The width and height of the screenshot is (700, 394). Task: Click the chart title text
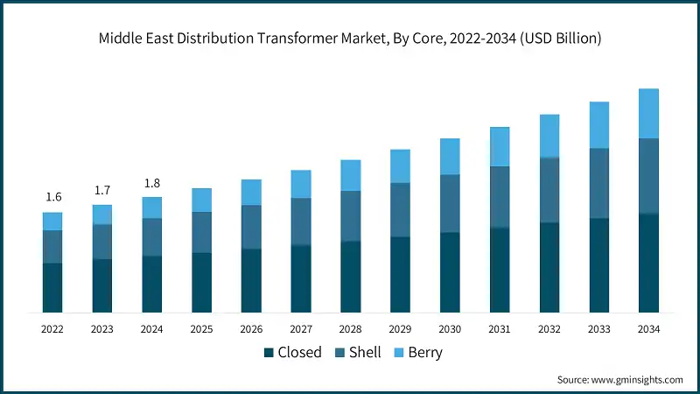pyautogui.click(x=350, y=39)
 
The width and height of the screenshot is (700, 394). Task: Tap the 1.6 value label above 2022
pyautogui.click(x=52, y=197)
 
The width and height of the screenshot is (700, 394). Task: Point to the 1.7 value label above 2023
pyautogui.click(x=102, y=190)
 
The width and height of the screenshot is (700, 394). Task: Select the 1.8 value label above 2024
pyautogui.click(x=151, y=183)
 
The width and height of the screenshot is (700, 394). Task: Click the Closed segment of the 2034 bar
pyautogui.click(x=648, y=263)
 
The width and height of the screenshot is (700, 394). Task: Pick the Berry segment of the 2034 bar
pyautogui.click(x=648, y=113)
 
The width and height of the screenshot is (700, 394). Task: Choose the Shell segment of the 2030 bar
pyautogui.click(x=450, y=203)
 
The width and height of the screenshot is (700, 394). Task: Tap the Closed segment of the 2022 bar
pyautogui.click(x=52, y=287)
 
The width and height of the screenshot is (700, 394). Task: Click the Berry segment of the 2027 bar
pyautogui.click(x=301, y=184)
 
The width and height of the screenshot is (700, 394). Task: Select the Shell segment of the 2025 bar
pyautogui.click(x=201, y=232)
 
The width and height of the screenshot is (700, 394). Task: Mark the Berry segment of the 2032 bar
pyautogui.click(x=549, y=136)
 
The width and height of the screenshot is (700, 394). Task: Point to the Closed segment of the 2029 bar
pyautogui.click(x=400, y=274)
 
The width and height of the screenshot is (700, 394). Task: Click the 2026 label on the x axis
pyautogui.click(x=251, y=329)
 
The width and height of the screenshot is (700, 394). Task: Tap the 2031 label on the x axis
pyautogui.click(x=500, y=329)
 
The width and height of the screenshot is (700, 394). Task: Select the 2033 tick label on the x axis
pyautogui.click(x=599, y=329)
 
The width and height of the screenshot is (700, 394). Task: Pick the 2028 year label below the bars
pyautogui.click(x=351, y=329)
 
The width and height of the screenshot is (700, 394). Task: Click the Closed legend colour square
pyautogui.click(x=269, y=353)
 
